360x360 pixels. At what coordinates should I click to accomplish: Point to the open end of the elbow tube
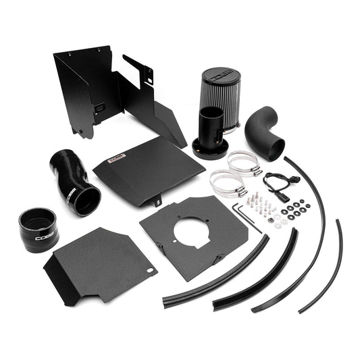(x=274, y=147)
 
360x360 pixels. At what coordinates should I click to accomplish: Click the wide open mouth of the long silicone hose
(x=88, y=199)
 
